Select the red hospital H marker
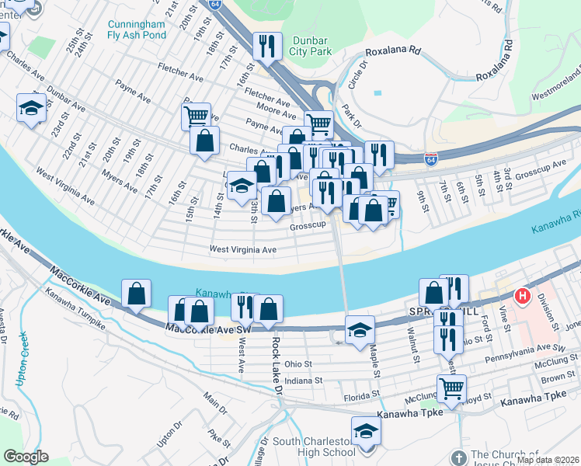pos(524,296)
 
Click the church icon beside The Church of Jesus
pos(458,456)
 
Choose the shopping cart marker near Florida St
pos(451,388)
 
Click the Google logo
pos(26,457)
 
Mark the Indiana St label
pos(302,381)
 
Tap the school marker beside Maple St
pos(360,330)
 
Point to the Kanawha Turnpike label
pos(74,313)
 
